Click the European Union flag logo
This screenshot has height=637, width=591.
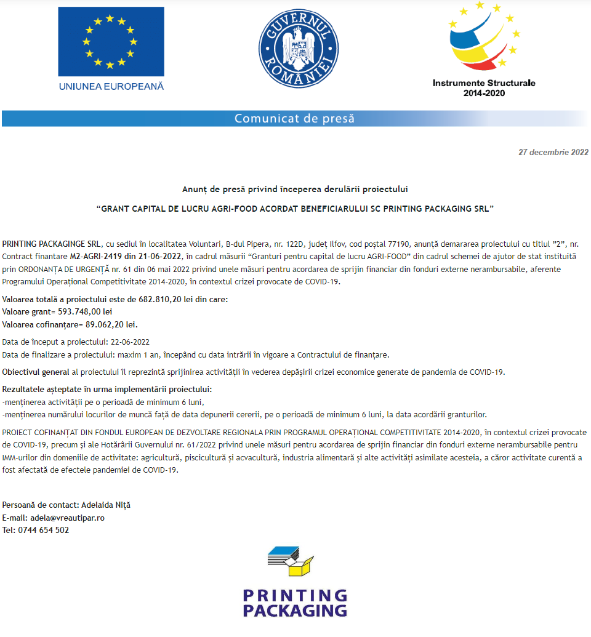[111, 41]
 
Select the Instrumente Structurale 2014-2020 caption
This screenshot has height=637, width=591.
[484, 87]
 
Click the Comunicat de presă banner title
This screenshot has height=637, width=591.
[294, 118]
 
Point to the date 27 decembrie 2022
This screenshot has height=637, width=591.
[553, 152]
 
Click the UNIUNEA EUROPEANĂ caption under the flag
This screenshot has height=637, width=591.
[111, 86]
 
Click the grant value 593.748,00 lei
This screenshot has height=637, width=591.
[85, 312]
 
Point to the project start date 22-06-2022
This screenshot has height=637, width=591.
[130, 342]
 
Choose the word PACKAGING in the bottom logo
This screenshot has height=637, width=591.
[295, 611]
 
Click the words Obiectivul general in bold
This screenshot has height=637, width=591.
[36, 372]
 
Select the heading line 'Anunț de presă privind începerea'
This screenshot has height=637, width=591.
[295, 188]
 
